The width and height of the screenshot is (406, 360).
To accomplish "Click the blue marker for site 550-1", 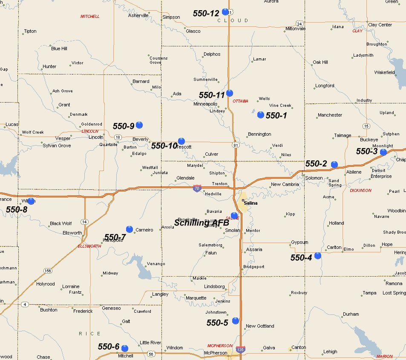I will [261, 114].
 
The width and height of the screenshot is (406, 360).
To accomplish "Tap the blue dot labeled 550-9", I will [139, 125].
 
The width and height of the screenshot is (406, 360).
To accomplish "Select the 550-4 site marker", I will [318, 256].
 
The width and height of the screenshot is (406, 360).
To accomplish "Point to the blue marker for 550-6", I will [125, 349].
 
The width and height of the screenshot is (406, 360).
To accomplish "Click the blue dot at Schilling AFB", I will [234, 216].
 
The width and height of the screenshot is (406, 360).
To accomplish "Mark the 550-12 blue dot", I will [225, 12].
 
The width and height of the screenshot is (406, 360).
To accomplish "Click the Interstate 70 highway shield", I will [196, 188].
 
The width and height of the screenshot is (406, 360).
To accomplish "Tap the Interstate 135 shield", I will [241, 349].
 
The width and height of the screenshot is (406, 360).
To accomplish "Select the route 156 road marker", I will [48, 271].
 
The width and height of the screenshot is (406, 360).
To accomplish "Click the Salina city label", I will [251, 203].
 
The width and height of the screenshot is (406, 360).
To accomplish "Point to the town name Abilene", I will [354, 172].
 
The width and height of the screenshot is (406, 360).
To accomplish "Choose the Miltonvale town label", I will [296, 29].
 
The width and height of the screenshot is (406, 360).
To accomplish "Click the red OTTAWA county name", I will [241, 101].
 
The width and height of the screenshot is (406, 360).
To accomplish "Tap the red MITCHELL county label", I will [90, 17].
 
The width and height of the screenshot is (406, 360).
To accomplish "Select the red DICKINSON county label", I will [360, 191].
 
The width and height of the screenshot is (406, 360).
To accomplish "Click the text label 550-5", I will [217, 323].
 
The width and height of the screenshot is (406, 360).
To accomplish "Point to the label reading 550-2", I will [316, 164].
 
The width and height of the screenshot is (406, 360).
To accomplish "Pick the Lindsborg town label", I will [214, 286].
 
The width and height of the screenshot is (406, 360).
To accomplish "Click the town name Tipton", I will [30, 31].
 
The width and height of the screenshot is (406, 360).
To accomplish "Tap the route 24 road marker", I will [299, 23].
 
